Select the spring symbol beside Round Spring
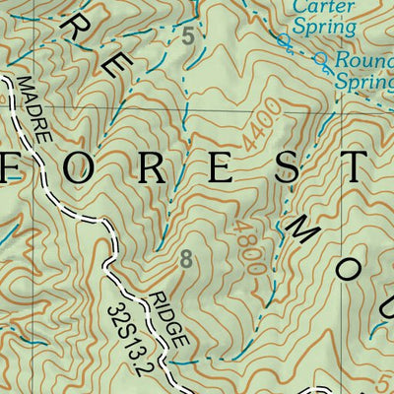[321, 60]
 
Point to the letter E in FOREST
[221, 168]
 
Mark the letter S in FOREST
[285, 168]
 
